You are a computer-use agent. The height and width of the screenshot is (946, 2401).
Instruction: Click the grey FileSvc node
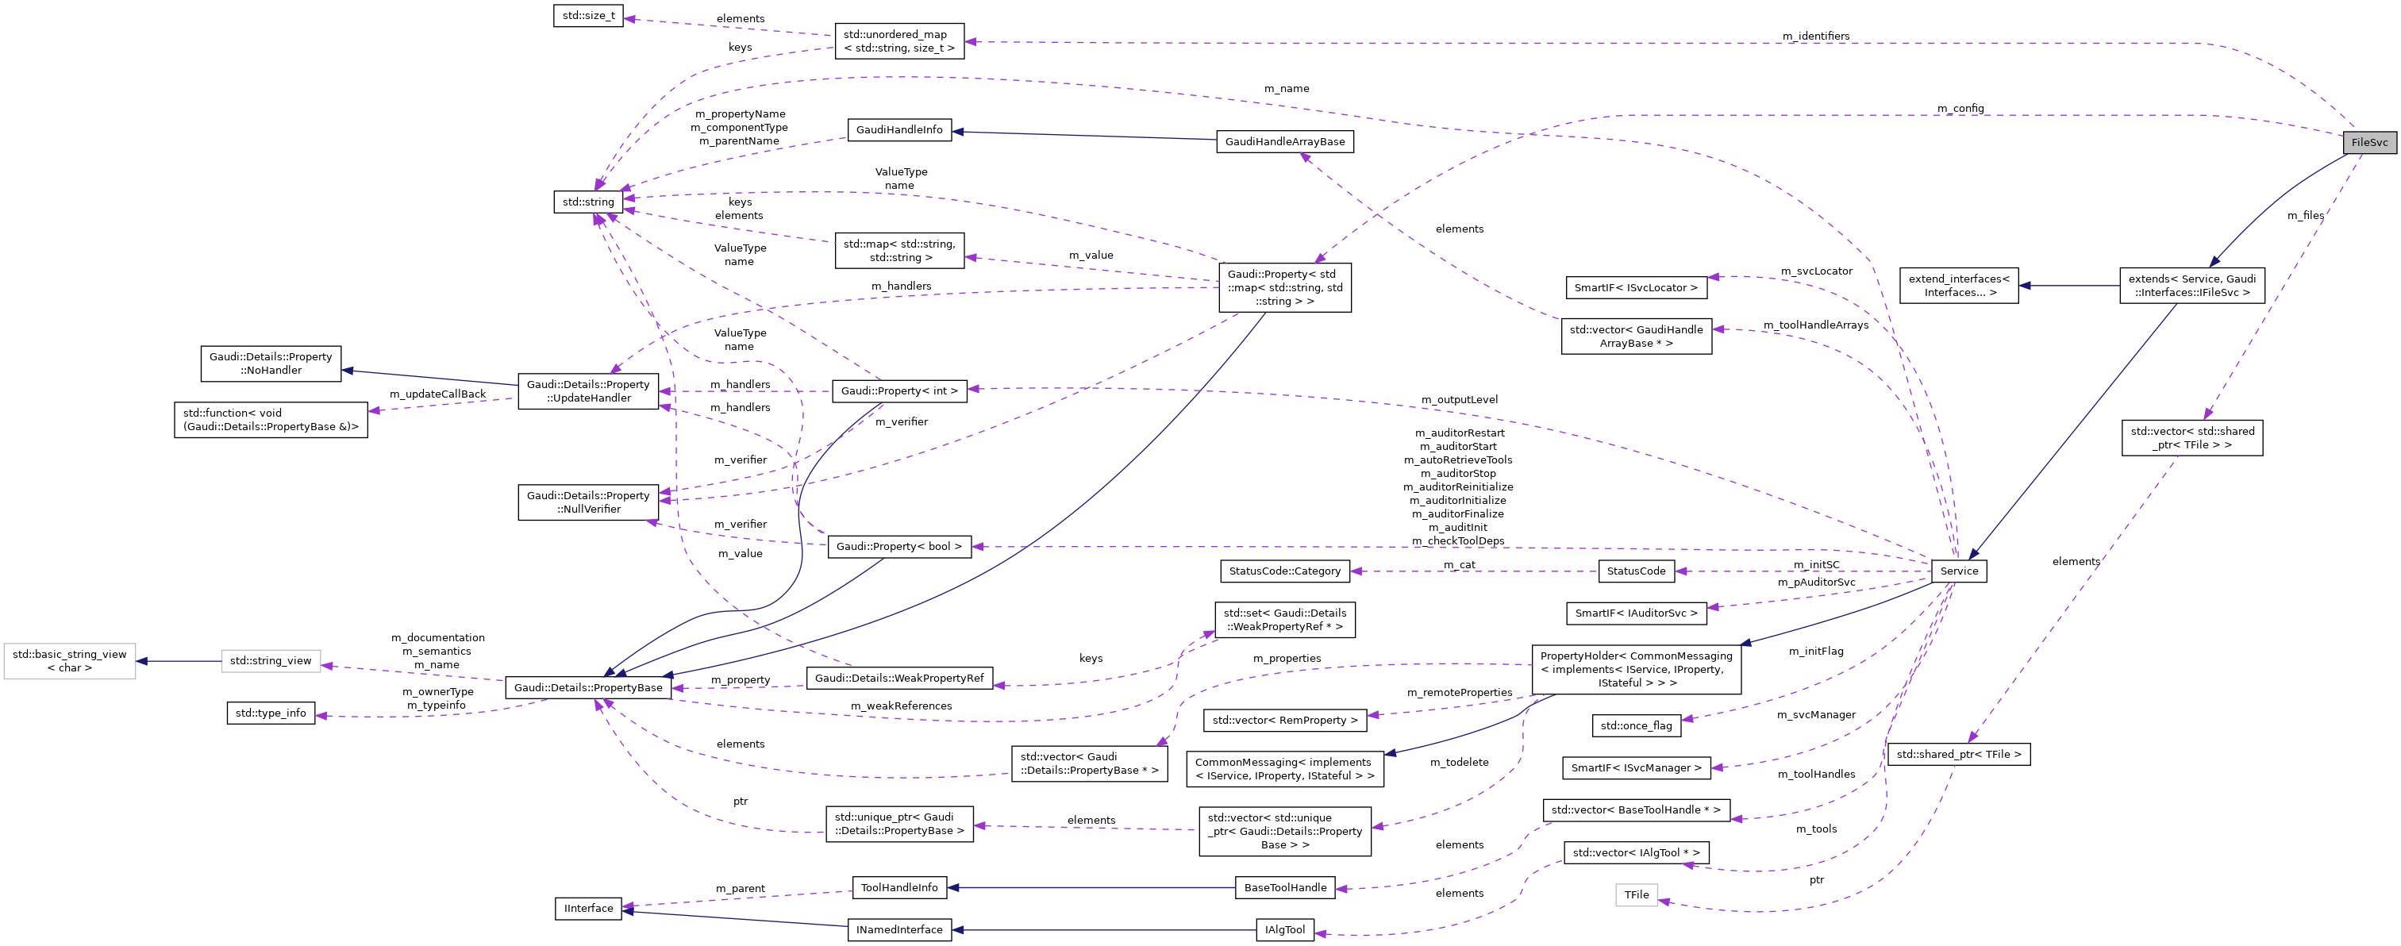point(2368,143)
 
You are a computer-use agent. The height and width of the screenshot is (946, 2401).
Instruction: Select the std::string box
point(588,202)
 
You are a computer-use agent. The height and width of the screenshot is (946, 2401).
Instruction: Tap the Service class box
point(1958,571)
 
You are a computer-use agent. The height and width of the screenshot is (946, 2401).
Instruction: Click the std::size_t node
point(588,16)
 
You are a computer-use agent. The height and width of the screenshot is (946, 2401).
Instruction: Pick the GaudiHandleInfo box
point(898,129)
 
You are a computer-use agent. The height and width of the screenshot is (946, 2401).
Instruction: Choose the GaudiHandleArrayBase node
point(1283,142)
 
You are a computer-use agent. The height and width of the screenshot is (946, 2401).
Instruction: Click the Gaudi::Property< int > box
point(898,391)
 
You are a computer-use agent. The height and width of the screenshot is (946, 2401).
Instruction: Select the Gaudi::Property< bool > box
point(898,547)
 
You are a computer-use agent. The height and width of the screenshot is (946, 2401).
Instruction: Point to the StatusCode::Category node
point(1284,571)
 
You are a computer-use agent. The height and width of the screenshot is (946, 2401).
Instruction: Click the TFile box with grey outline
point(1636,894)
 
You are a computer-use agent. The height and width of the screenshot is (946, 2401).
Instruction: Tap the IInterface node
point(588,909)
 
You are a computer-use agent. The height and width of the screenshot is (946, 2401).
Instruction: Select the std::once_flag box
point(1636,726)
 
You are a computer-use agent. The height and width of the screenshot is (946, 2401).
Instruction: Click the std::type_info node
point(271,713)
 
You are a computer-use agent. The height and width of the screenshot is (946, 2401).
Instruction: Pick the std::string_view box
point(271,662)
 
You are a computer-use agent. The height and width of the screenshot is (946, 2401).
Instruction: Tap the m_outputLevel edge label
point(1459,400)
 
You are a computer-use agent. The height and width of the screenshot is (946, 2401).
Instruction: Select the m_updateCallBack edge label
point(437,394)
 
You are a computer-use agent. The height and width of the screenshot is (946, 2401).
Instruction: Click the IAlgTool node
point(1283,930)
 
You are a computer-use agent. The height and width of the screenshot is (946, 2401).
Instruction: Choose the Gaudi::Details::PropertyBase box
point(588,688)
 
